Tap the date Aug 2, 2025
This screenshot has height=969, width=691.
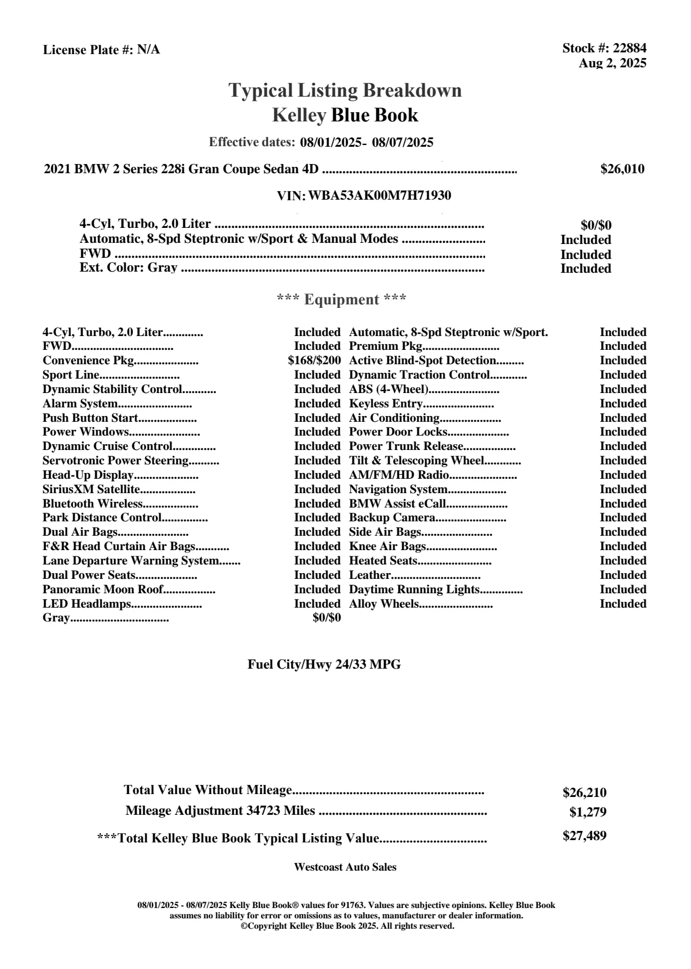612,63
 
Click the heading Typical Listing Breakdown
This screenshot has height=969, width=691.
345,90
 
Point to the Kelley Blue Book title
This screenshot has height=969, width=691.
345,115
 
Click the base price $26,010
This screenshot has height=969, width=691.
622,169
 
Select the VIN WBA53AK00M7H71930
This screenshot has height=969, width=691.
380,196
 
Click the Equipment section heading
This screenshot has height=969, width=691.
341,300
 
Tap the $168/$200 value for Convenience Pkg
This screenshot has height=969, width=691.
314,361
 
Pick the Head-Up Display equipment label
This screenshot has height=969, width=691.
88,475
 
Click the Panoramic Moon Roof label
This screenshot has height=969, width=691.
103,590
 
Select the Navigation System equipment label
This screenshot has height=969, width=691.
398,490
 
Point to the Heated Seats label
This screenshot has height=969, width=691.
383,561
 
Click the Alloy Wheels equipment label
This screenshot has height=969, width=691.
384,604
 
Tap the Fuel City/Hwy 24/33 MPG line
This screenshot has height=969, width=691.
324,665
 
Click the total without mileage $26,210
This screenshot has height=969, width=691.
585,793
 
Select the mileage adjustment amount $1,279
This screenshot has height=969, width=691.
588,812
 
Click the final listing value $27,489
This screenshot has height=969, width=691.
585,836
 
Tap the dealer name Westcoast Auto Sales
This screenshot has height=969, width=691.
345,867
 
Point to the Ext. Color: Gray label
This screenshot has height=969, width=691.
128,268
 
